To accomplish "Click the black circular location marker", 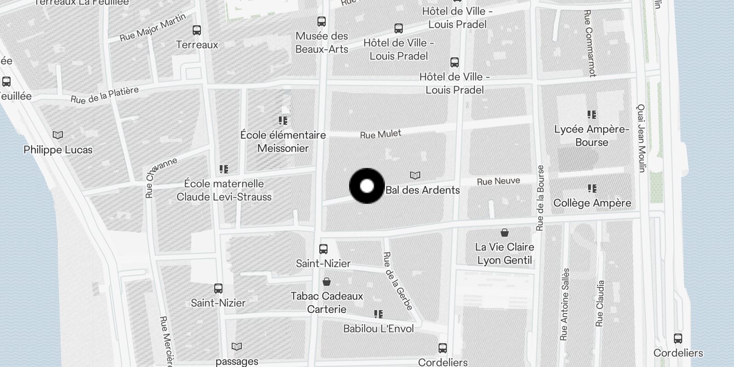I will (367, 186).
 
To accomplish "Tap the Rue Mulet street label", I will (380, 134).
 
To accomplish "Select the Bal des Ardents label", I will (423, 190).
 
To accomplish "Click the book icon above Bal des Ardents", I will (415, 176).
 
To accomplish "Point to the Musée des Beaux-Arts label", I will (322, 42).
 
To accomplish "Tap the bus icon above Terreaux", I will (197, 30).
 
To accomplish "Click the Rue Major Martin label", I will (153, 28).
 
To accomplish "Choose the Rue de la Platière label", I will (105, 95).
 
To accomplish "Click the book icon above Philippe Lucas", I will (58, 135).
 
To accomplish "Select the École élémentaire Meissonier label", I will (283, 141).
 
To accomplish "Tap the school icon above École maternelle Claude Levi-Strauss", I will (224, 169).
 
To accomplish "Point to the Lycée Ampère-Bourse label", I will (592, 136).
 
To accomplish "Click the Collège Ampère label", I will (592, 203).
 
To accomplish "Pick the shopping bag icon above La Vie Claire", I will (505, 233).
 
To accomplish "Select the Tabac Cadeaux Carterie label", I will (327, 302).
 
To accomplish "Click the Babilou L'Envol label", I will (378, 328).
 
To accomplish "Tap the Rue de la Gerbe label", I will (398, 280).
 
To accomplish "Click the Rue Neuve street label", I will (498, 181).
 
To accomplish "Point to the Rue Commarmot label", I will (589, 43).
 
